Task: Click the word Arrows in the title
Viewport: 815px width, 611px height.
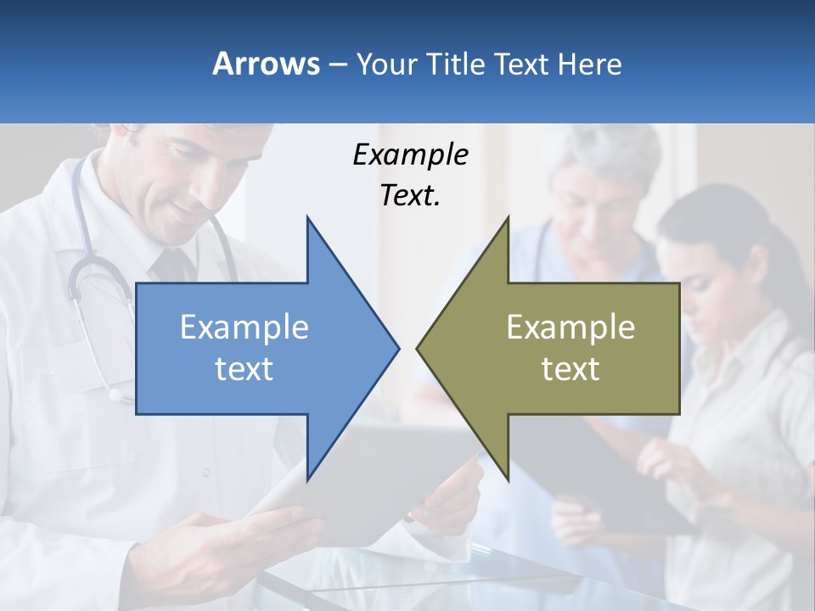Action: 266,64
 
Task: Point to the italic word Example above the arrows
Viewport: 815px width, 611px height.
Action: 410,154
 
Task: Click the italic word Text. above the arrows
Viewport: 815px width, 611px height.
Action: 410,195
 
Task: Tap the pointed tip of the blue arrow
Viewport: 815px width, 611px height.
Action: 396,348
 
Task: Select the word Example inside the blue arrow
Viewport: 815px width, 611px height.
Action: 244,328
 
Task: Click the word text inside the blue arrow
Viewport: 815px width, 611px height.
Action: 244,369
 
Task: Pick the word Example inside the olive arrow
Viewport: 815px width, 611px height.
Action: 570,328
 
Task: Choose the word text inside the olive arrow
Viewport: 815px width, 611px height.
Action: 570,369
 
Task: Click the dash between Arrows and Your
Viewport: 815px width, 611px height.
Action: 337,64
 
